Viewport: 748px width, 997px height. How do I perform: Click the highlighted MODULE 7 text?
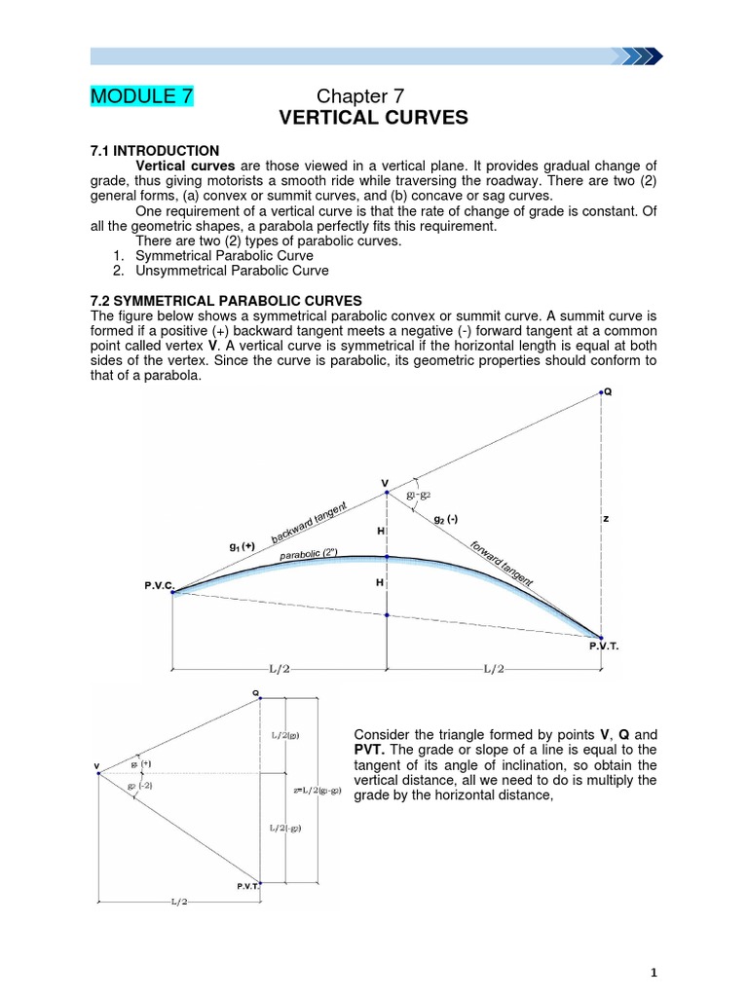click(142, 95)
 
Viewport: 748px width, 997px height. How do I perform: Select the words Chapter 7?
click(360, 95)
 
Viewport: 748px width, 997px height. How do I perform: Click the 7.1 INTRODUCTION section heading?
click(155, 151)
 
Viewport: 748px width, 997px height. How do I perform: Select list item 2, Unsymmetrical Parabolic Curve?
click(232, 271)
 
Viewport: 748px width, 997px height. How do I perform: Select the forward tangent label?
click(502, 565)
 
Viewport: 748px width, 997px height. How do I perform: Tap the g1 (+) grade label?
click(243, 548)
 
